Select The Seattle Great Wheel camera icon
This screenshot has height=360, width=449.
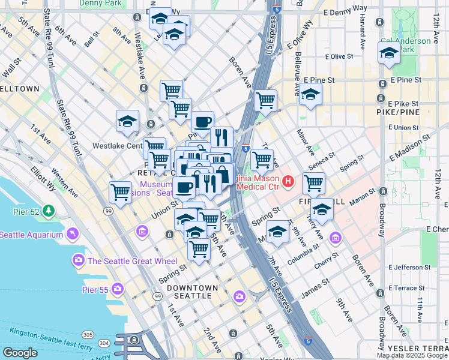(78, 260)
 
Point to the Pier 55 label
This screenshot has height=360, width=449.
(94, 290)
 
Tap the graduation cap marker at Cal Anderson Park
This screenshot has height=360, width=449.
(389, 55)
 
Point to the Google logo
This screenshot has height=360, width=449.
(20, 353)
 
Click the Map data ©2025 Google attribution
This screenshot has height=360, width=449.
(411, 355)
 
